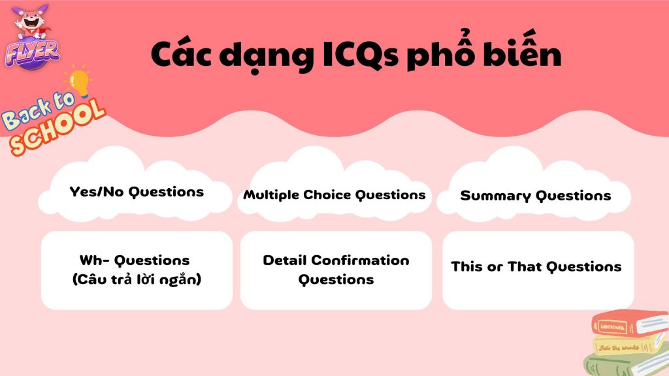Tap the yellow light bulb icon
click(x=79, y=81)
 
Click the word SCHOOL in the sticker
click(x=57, y=127)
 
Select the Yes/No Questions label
click(x=137, y=192)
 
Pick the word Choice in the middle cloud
click(x=327, y=195)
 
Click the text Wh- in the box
click(x=92, y=260)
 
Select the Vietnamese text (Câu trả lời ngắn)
click(x=137, y=279)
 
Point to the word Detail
click(x=285, y=260)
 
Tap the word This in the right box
click(x=466, y=267)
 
